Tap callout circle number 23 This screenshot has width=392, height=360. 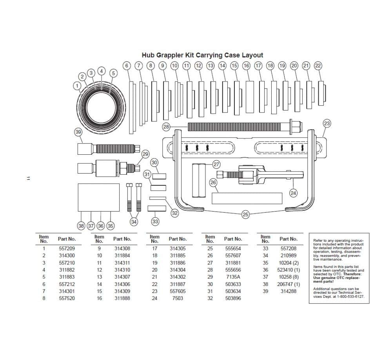point(327,123)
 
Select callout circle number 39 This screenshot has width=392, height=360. point(78,132)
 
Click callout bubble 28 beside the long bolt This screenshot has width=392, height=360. point(166,127)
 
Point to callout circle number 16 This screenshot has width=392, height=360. point(246,66)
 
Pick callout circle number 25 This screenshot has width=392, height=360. point(246,214)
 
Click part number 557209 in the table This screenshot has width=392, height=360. point(67,248)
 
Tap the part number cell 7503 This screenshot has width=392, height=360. point(178,298)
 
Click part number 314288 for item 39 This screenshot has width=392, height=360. point(289,291)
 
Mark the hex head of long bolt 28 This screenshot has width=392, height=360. point(296,127)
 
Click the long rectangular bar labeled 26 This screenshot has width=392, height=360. point(247,198)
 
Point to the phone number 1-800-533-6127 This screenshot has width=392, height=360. point(348,297)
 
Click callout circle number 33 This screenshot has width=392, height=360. point(155,222)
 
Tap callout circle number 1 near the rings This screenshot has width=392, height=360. point(78,85)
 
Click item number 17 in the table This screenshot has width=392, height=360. point(155,248)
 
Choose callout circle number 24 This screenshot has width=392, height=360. point(293,192)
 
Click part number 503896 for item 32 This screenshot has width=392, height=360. point(233,298)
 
